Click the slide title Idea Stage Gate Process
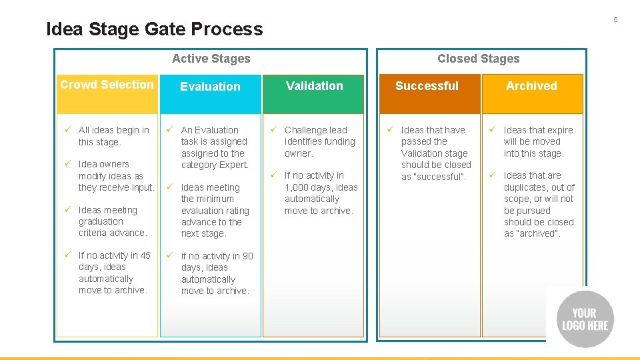pyautogui.click(x=155, y=29)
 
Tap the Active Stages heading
pyautogui.click(x=211, y=59)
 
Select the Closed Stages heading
pyautogui.click(x=478, y=59)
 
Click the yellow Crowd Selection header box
pyautogui.click(x=107, y=93)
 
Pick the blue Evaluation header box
pyautogui.click(x=210, y=93)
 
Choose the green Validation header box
pyautogui.click(x=314, y=93)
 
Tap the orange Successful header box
pyautogui.click(x=427, y=93)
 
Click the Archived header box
pyautogui.click(x=531, y=93)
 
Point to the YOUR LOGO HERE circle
pyautogui.click(x=585, y=319)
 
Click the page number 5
pyautogui.click(x=615, y=19)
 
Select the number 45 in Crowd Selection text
pyautogui.click(x=145, y=255)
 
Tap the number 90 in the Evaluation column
pyautogui.click(x=247, y=256)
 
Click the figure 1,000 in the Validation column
pyautogui.click(x=297, y=187)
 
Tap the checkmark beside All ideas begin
pyautogui.click(x=67, y=130)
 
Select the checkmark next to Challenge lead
pyautogui.click(x=273, y=130)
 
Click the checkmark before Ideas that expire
pyautogui.click(x=493, y=130)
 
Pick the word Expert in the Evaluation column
pyautogui.click(x=234, y=165)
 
